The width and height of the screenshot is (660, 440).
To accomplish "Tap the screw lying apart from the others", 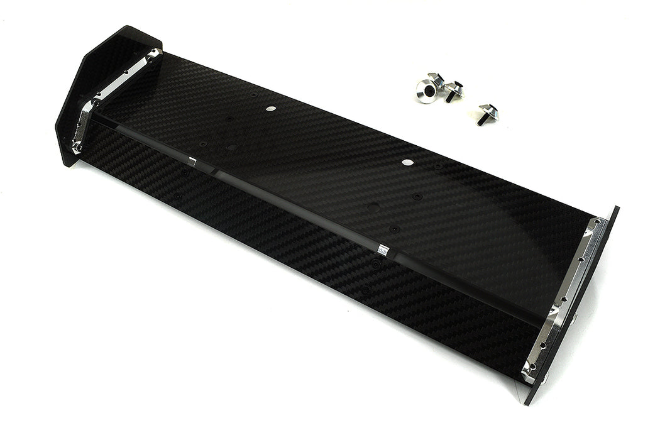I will pyautogui.click(x=487, y=114).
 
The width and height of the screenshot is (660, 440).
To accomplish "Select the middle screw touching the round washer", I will pyautogui.click(x=453, y=91).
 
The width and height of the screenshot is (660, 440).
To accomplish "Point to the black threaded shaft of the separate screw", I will pyautogui.click(x=481, y=120).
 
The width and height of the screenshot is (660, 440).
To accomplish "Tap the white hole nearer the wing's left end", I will pyautogui.click(x=270, y=108).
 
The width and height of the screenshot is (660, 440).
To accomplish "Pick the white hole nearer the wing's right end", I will pyautogui.click(x=408, y=162).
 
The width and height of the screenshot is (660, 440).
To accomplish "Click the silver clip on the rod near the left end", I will pyautogui.click(x=192, y=162).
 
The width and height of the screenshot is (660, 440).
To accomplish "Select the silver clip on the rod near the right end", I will pyautogui.click(x=382, y=251).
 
